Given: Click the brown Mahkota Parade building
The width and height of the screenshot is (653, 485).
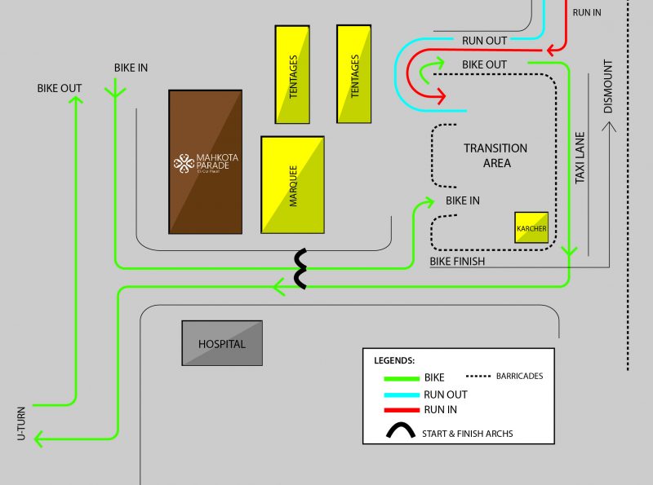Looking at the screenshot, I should [x=205, y=161].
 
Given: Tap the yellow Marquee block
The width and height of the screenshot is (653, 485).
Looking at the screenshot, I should [x=292, y=185].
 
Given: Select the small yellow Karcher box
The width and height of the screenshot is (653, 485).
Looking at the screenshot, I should [x=531, y=227].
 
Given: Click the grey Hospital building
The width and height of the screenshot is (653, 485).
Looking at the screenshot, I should [x=222, y=343].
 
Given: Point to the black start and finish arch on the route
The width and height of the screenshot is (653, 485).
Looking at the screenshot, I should [x=301, y=270].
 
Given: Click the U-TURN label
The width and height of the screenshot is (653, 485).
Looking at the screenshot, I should [x=22, y=424].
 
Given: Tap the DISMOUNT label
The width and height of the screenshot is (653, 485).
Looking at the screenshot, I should [x=606, y=86].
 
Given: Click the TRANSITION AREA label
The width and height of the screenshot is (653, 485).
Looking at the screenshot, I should [x=495, y=155].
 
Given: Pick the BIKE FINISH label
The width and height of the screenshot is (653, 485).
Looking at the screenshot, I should [x=457, y=261].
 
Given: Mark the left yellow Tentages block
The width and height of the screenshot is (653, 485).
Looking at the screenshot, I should [x=292, y=74].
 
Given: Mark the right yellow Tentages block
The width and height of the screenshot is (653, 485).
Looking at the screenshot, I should [x=354, y=74].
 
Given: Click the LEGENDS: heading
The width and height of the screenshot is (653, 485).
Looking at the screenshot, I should [x=394, y=359].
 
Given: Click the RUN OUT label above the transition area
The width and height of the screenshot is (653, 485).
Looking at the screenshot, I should [x=484, y=40].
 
